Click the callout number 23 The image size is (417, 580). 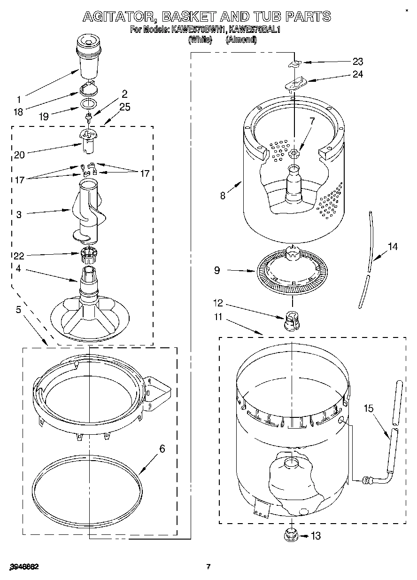[358, 61]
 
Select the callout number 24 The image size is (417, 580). [358, 74]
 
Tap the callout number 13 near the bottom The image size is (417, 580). [316, 535]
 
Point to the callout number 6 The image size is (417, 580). [162, 449]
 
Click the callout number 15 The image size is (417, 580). [369, 408]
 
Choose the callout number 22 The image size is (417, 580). [19, 256]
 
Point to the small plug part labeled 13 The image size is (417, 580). [292, 535]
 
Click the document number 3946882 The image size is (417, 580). [23, 567]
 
